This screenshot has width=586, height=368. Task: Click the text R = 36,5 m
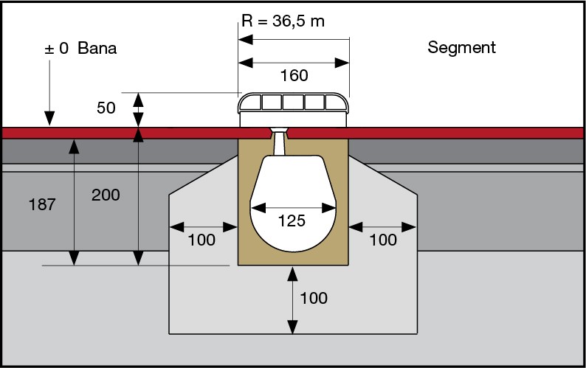click(283, 21)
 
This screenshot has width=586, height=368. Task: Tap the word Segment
click(461, 48)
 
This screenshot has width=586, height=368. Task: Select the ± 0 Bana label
click(81, 49)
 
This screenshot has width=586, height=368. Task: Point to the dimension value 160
click(294, 76)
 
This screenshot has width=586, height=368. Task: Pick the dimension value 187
click(42, 204)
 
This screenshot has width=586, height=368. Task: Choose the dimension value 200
click(106, 195)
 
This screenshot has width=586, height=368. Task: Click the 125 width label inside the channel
click(293, 221)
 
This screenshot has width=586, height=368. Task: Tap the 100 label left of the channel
click(201, 240)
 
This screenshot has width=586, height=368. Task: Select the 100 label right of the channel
click(382, 240)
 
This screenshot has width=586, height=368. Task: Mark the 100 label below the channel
click(313, 298)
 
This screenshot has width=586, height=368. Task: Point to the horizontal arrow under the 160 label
click(293, 63)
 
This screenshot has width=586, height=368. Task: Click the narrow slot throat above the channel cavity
click(280, 143)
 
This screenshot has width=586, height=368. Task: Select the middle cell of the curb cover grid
click(293, 102)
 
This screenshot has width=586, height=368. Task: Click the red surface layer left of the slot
click(133, 133)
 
